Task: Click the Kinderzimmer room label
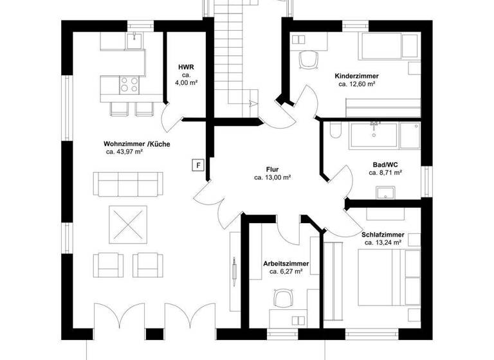coord(357,76)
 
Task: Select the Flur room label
coord(271,169)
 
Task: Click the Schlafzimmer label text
coord(383,235)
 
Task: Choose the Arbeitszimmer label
coord(286,264)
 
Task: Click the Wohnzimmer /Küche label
coord(136,144)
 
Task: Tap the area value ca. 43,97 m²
coord(124,152)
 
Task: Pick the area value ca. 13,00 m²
coord(272,177)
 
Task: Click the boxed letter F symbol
coord(199,165)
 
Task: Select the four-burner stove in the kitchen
coord(129,84)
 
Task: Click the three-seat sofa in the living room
coord(127,185)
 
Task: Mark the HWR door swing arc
coord(170,118)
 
